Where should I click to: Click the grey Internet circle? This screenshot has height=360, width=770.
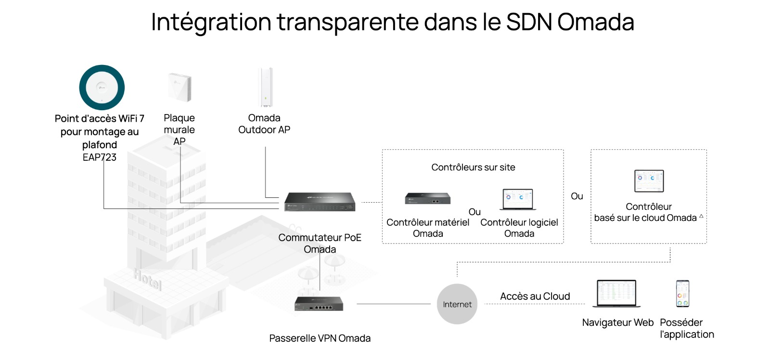tap(457, 304)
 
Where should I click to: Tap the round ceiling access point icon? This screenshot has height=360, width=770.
tap(102, 88)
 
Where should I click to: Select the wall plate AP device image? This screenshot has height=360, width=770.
tap(180, 87)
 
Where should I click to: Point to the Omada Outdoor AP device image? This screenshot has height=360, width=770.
tap(265, 87)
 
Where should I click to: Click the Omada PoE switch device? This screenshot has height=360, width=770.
tap(320, 202)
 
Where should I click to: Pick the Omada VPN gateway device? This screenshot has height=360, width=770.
tap(319, 304)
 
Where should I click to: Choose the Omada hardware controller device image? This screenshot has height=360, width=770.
tap(427, 198)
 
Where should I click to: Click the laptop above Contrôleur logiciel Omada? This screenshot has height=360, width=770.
tap(518, 199)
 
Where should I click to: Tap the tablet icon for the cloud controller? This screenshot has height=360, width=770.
tap(649, 181)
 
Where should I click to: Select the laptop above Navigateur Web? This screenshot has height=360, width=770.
tap(616, 293)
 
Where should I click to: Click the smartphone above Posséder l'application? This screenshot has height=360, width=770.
tap(682, 293)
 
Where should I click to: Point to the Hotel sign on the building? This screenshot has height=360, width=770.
tap(147, 279)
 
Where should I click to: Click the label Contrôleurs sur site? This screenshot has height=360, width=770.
tap(473, 167)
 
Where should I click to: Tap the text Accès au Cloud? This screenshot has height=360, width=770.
tap(535, 296)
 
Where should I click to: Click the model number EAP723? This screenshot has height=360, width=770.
tap(100, 157)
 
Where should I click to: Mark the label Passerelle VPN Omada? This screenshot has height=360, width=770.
tap(320, 338)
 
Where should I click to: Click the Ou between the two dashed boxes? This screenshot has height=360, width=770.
tap(577, 196)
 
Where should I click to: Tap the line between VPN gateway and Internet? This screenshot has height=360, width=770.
tap(393, 304)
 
